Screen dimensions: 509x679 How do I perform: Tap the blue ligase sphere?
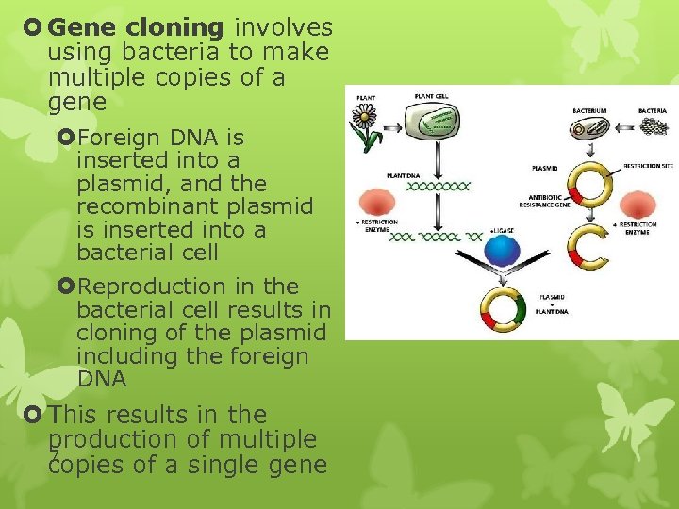tap(502, 251)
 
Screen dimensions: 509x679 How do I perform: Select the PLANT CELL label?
tap(431, 95)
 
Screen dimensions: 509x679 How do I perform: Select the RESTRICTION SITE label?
tap(648, 166)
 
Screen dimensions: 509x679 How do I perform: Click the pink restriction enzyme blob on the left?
tap(377, 203)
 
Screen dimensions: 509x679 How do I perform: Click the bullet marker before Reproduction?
tap(65, 286)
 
